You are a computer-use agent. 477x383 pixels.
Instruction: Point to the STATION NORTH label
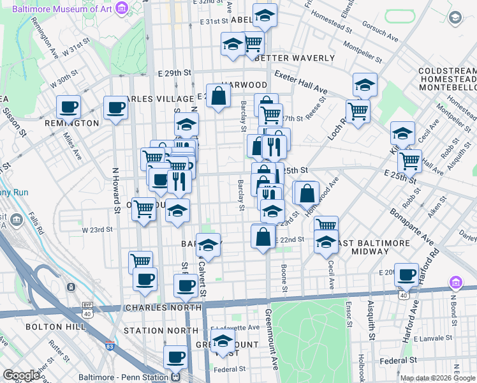(x=161, y=331)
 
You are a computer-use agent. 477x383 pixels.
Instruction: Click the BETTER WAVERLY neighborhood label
(x=294, y=58)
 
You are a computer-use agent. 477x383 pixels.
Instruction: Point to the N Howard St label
(x=116, y=190)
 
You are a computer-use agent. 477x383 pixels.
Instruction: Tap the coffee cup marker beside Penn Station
(x=175, y=357)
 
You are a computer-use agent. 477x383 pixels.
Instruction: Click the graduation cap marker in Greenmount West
(x=223, y=341)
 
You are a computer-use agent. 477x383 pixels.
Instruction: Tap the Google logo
(x=21, y=375)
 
